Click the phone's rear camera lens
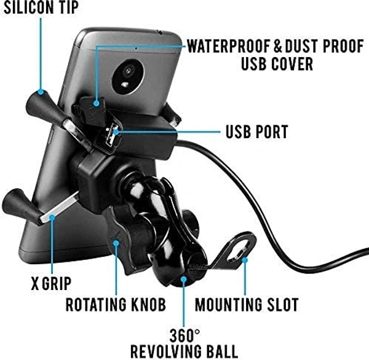click(128, 71)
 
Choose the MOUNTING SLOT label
click(247, 304)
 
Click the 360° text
click(184, 336)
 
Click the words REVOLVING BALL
click(185, 352)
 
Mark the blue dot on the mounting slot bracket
click(245, 260)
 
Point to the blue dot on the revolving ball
click(183, 281)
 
